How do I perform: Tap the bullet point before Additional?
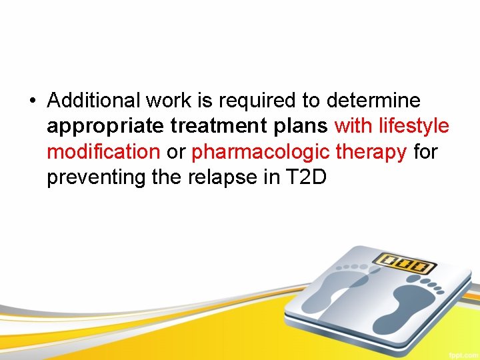pyautogui.click(x=32, y=101)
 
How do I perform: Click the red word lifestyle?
pyautogui.click(x=413, y=127)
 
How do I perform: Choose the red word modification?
pyautogui.click(x=103, y=152)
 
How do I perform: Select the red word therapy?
pyautogui.click(x=371, y=153)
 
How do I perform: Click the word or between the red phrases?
pyautogui.click(x=175, y=153)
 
